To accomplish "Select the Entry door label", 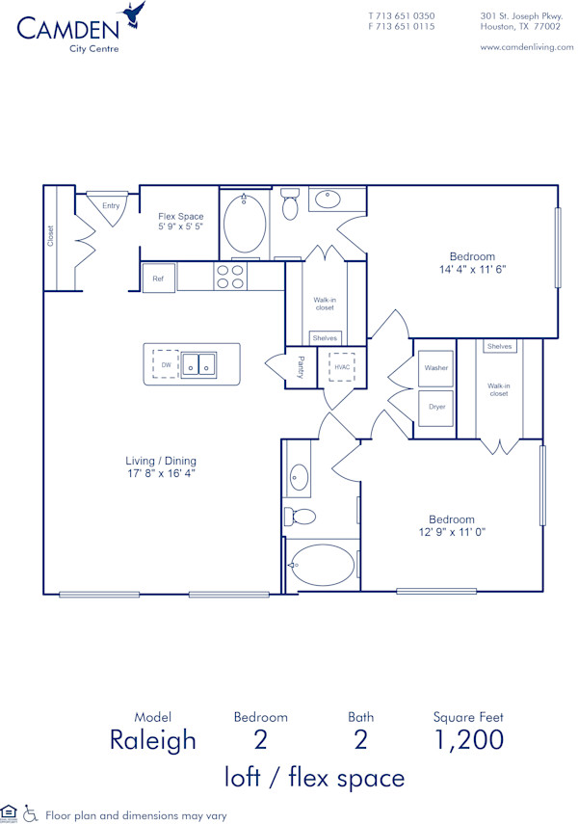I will pos(111,205).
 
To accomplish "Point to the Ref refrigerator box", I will pos(158,279).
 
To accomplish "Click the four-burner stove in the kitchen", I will pos(229,277).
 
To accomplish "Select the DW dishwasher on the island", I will pos(165,363).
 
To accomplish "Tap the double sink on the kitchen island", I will pos(200,364).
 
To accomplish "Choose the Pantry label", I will pos(300,367).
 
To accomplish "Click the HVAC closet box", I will pos(343,367).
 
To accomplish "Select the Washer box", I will pos(435,368).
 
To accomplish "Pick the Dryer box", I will pos(435,406).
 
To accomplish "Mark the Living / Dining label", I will pos(160,467).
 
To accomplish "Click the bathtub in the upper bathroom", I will pos(245,225).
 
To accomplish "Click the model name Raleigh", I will pos(152,739).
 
